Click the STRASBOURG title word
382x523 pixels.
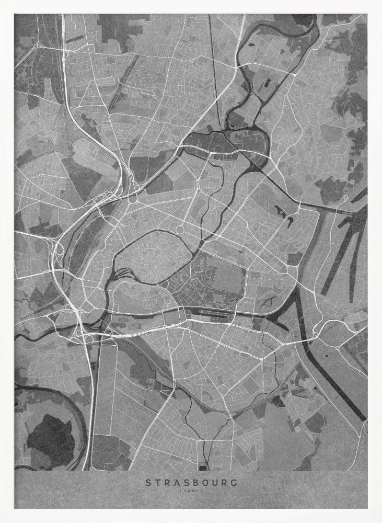(x=191, y=482)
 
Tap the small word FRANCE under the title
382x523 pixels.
(x=191, y=491)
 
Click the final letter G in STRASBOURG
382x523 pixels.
(x=234, y=482)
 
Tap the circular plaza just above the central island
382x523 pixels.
(x=180, y=229)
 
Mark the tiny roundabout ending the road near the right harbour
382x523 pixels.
(x=345, y=197)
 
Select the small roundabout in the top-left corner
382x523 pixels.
(x=36, y=46)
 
